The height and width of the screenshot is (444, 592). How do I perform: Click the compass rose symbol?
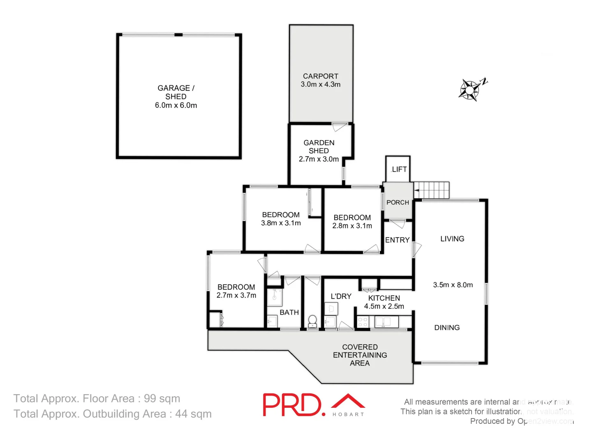tap(469, 90)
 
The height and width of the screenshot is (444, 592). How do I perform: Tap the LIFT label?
tap(399, 169)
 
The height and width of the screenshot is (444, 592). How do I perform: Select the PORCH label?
tap(398, 202)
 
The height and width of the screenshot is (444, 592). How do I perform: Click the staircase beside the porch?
tap(432, 190)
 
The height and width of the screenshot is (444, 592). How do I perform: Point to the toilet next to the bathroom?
tap(312, 321)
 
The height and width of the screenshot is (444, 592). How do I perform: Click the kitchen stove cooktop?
tap(363, 322)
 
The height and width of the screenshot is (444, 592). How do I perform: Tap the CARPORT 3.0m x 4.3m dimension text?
tap(321, 84)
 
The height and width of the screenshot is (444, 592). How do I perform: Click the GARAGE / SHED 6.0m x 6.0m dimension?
tap(176, 105)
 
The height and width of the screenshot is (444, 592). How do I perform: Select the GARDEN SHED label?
tap(319, 147)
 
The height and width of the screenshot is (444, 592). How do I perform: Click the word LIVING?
tap(452, 239)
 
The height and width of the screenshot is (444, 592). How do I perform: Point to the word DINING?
tap(447, 328)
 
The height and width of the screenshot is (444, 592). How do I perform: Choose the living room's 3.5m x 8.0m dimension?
tap(453, 285)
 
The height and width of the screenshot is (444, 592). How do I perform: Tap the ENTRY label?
tap(397, 240)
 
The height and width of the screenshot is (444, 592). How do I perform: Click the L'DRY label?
tap(341, 296)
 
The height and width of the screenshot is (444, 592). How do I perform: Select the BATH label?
tap(289, 312)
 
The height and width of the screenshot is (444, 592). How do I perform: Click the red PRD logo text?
tap(292, 405)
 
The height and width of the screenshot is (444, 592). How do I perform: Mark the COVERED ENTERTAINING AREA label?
tap(360, 355)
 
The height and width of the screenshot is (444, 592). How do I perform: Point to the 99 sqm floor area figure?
tap(162, 399)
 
